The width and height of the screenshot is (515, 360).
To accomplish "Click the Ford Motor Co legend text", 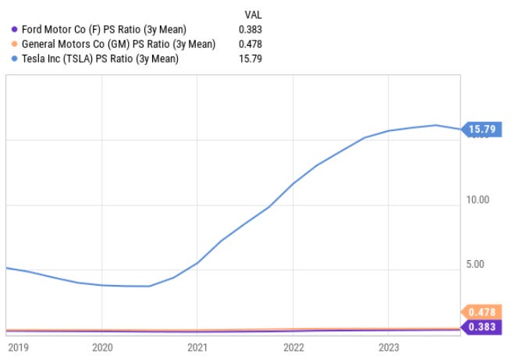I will coord(104,30).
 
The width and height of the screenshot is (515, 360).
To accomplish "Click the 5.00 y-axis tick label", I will coord(476,264).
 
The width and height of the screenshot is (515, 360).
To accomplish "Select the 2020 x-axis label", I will coord(102,348).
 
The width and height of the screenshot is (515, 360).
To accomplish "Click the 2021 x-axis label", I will coord(197,348).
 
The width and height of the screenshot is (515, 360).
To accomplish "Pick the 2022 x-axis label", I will coord(293,348).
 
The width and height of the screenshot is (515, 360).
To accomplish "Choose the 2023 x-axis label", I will coord(389,348).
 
